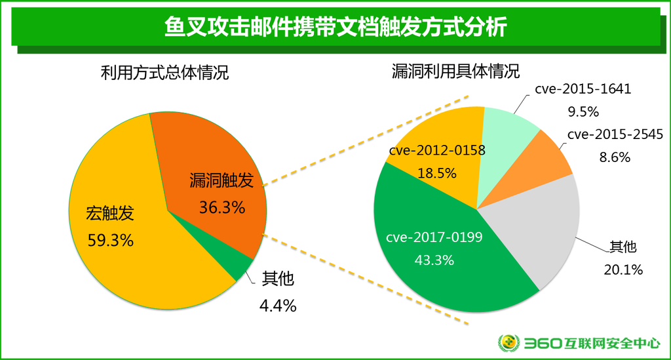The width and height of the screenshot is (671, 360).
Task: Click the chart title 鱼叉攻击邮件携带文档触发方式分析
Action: click(x=335, y=29)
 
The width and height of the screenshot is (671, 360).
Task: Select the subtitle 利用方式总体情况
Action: click(x=164, y=72)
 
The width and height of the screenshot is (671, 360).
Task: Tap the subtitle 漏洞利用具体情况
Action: click(x=455, y=71)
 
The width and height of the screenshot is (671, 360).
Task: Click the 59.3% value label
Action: click(x=111, y=240)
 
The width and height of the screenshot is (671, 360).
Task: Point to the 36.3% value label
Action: click(x=221, y=208)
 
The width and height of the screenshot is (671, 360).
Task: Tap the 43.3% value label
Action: click(x=434, y=260)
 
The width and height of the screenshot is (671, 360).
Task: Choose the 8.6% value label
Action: click(x=614, y=157)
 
